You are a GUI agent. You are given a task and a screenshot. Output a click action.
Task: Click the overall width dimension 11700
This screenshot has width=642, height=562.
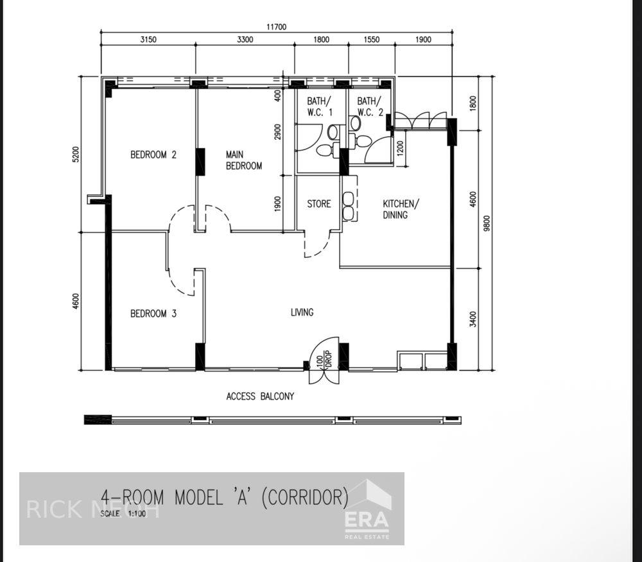[277, 27]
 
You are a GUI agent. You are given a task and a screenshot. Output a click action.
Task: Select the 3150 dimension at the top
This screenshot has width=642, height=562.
[148, 40]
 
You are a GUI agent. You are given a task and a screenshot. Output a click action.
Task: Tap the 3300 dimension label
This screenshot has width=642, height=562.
[245, 40]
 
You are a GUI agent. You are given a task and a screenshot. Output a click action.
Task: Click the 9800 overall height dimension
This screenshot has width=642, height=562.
[487, 223]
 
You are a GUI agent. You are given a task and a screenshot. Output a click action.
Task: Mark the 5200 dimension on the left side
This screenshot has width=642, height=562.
[76, 155]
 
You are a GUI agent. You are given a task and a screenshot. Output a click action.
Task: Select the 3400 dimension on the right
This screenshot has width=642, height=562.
[473, 318]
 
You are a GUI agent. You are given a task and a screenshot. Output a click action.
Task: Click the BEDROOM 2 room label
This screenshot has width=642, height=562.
[153, 155]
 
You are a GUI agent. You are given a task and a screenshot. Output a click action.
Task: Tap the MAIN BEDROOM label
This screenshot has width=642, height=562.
[244, 160]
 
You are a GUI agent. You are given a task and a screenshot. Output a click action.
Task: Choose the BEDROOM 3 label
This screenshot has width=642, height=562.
[153, 314]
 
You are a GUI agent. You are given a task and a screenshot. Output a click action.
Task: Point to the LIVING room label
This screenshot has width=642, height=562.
[302, 312]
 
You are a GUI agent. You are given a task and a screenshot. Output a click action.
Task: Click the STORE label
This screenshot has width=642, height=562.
[318, 204]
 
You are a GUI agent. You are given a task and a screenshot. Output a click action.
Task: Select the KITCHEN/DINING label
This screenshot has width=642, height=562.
[401, 209]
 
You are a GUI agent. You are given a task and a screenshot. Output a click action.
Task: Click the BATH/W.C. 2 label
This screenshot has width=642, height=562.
[369, 106]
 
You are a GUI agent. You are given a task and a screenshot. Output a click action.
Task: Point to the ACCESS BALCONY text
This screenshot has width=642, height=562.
[260, 396]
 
